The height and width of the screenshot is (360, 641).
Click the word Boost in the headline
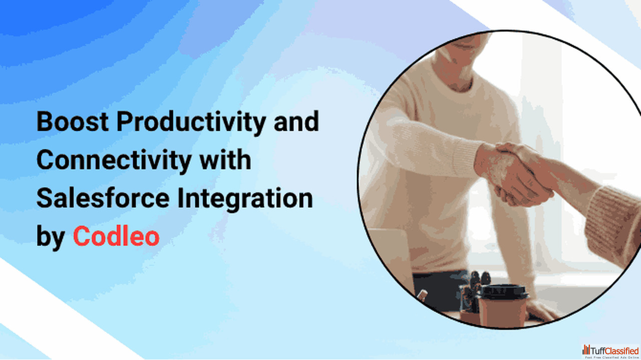(x=73, y=121)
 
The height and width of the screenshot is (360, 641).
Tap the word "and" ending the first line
(x=296, y=121)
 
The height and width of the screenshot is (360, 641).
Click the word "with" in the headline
(x=225, y=159)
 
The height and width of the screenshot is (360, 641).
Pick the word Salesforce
(x=103, y=198)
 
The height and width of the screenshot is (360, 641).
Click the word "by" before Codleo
(x=51, y=237)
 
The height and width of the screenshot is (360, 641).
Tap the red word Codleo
(x=116, y=236)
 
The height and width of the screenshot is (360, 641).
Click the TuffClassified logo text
(x=614, y=351)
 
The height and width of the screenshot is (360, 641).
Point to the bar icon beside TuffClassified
(x=586, y=349)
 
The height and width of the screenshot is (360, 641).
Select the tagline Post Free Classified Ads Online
(x=612, y=357)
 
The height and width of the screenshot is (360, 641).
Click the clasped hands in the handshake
(x=515, y=175)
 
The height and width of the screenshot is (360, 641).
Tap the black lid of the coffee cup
(x=503, y=292)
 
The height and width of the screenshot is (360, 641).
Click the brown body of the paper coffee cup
(x=502, y=312)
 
